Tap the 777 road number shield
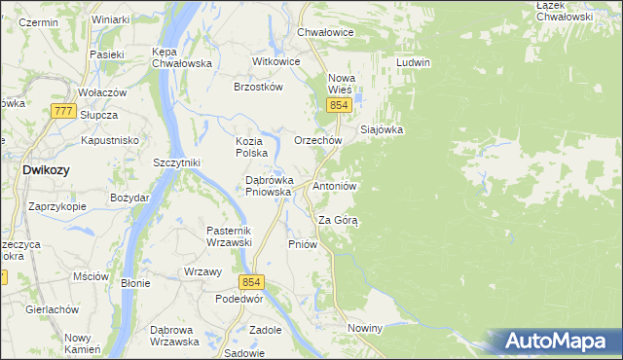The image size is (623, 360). [64, 112]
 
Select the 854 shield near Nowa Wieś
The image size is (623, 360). [338, 105]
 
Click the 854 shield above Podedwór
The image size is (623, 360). [252, 282]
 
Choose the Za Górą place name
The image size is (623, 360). [339, 220]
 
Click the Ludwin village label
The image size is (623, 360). [413, 62]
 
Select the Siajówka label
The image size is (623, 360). [382, 128]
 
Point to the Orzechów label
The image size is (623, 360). [317, 140]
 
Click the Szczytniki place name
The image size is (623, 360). [176, 162]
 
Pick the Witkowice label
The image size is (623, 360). [275, 60]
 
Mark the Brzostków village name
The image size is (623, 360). [258, 86]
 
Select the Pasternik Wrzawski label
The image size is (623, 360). [229, 236]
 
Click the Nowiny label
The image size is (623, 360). [364, 329]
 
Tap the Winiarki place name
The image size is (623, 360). [110, 19]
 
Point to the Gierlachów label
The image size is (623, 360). [53, 308]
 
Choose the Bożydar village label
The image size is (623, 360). [129, 198]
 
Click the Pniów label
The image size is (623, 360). [303, 244]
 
